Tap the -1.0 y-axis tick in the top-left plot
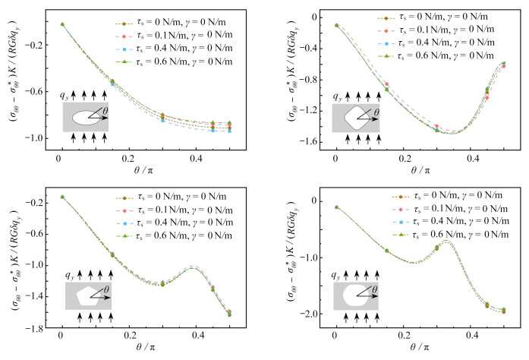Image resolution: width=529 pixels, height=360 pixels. click(x=38, y=137)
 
